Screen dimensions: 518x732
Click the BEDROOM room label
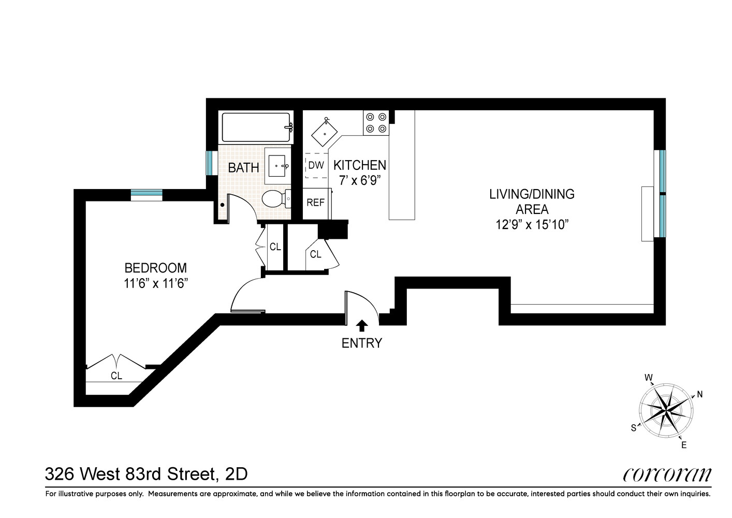coord(155,268)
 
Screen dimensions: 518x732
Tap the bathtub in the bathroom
coord(256,127)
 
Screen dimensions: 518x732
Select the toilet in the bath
coord(275,199)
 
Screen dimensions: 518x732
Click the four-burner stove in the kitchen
coord(376,123)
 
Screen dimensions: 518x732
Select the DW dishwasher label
coord(316,166)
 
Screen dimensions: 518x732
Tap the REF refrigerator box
coord(315,203)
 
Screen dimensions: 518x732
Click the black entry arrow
coord(362,325)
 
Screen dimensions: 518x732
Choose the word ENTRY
coord(362,343)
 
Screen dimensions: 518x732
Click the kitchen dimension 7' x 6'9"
coord(359,181)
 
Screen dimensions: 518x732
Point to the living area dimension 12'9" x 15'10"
coord(532,225)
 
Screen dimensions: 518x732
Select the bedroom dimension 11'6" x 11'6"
coord(155,284)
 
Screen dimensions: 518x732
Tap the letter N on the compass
coord(699,394)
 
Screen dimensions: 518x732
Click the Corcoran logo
coord(667,474)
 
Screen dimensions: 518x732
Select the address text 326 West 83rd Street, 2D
coord(147,474)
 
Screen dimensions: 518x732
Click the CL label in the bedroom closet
coord(116,376)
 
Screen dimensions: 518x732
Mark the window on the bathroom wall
coord(209,163)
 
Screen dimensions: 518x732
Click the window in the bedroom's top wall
coord(147,194)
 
